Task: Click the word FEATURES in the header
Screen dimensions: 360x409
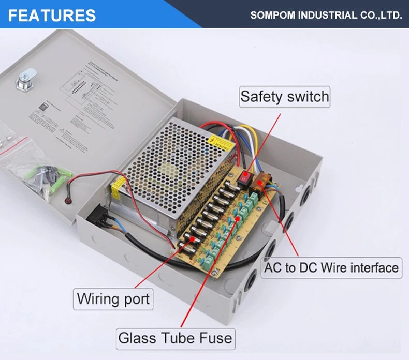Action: point(52,15)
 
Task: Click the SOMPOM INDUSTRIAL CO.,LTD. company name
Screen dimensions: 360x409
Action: point(326,15)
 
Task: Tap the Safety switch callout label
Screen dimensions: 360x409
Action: point(285,97)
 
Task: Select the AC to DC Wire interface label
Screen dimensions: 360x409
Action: point(331,267)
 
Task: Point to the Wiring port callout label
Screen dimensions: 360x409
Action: point(113,298)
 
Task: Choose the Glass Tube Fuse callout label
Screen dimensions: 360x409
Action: point(176,339)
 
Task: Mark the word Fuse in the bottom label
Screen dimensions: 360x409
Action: point(213,339)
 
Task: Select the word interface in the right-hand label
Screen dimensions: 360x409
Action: point(375,267)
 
